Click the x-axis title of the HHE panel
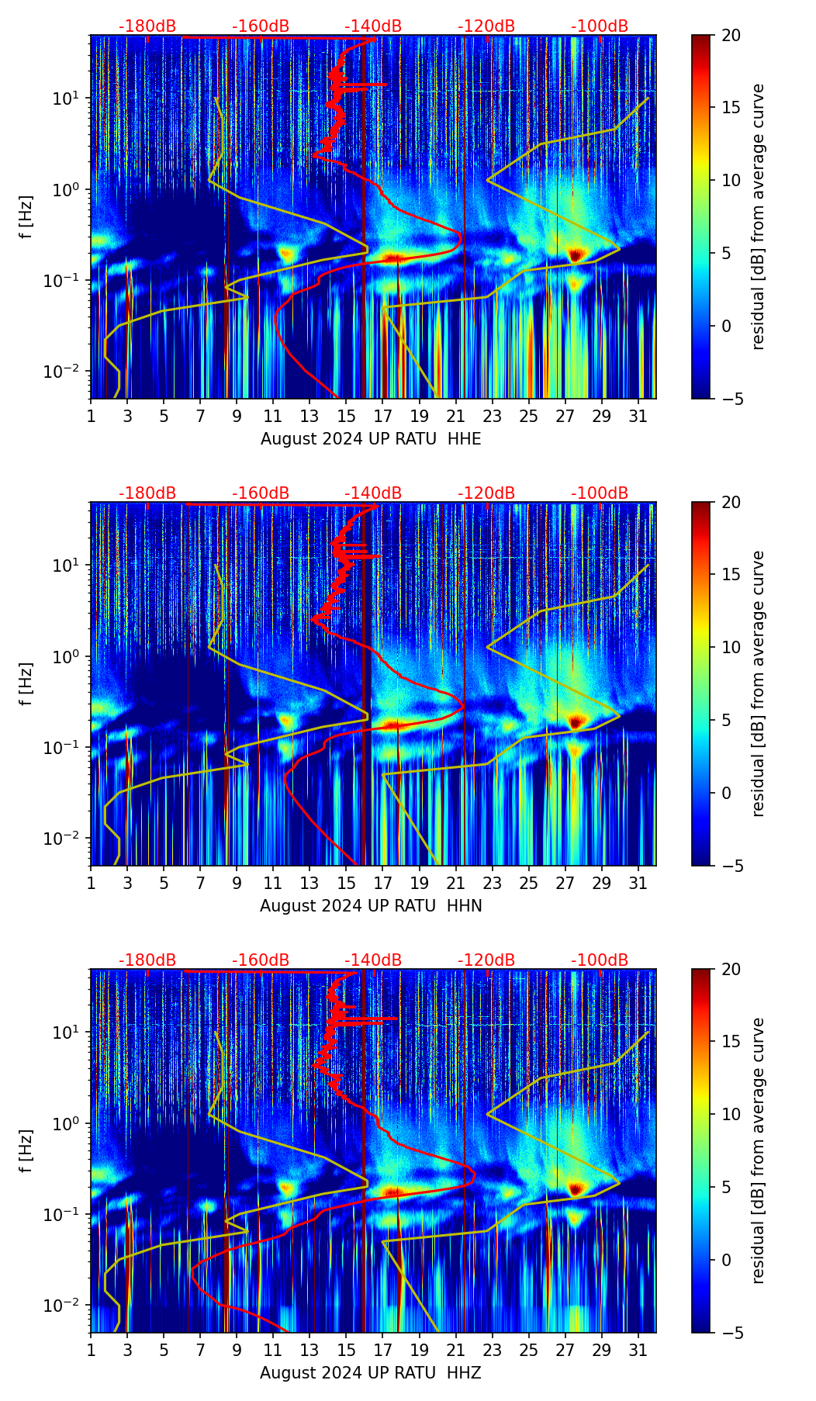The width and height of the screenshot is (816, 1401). point(371,439)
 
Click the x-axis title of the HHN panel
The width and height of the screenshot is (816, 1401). point(371,906)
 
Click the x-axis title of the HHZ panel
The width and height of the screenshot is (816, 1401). point(371,1373)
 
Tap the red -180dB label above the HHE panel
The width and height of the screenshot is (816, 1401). point(147,26)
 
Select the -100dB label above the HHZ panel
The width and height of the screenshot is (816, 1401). point(600,960)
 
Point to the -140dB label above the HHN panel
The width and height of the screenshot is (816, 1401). point(373,493)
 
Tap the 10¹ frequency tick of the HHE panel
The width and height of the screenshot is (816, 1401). point(71,99)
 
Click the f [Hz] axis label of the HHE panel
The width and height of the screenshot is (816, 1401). point(26,216)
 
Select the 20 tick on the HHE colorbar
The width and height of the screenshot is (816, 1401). point(731,35)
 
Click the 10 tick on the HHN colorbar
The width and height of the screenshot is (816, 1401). point(731,647)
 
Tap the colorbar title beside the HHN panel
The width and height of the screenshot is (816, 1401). point(758,683)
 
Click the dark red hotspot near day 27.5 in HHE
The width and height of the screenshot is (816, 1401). point(575,254)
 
